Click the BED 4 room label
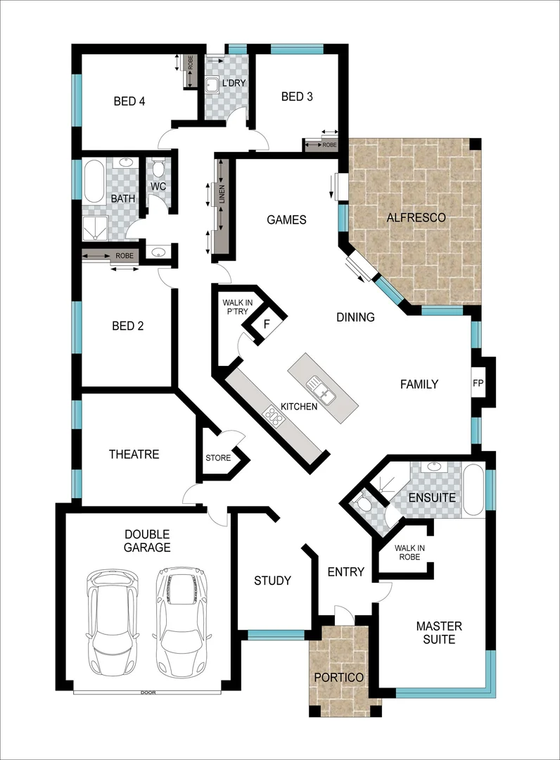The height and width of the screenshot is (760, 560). coord(129,101)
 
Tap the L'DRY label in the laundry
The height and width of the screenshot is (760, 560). coord(234,84)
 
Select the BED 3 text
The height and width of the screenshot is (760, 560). coord(296,96)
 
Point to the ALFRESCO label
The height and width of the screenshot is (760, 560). coord(416,217)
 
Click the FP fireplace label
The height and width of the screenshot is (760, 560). coord(478,384)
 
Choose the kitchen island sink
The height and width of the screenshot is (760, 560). coord(321,385)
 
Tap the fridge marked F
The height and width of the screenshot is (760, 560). coord(267,324)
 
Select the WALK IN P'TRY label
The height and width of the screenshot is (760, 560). coord(238,308)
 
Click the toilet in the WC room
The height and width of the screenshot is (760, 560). coord(159,169)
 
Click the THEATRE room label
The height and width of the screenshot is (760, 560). coord(134,455)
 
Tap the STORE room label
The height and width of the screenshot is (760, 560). coord(218,458)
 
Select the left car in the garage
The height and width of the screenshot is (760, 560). coord(113,622)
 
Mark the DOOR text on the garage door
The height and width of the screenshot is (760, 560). coord(148,692)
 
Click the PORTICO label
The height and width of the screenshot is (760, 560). coord(339,677)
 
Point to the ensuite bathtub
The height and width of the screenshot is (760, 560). coord(473,490)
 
